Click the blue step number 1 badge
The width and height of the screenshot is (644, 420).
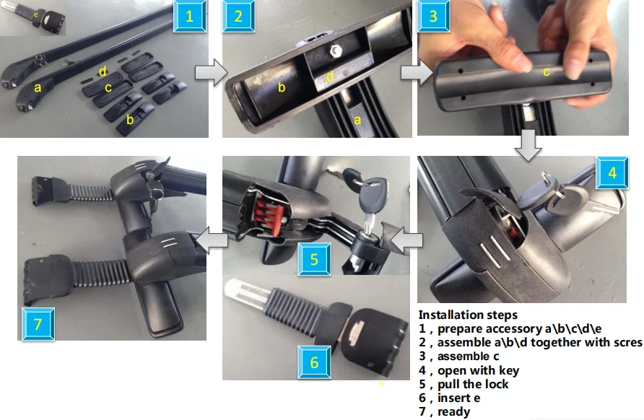pyautogui.click(x=189, y=16)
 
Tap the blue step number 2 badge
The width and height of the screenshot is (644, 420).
pyautogui.click(x=239, y=16)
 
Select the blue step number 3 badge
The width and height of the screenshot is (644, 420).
pyautogui.click(x=433, y=16)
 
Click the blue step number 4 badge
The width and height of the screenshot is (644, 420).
pyautogui.click(x=612, y=172)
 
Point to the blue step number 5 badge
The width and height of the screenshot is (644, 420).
pyautogui.click(x=314, y=259)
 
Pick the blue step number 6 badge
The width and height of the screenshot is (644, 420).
pyautogui.click(x=314, y=362)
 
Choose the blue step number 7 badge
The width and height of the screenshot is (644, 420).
pyautogui.click(x=38, y=324)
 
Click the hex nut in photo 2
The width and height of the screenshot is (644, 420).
pyautogui.click(x=336, y=51)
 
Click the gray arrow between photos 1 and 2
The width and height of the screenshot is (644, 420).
pyautogui.click(x=211, y=72)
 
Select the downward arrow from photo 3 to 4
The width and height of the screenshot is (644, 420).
pyautogui.click(x=528, y=145)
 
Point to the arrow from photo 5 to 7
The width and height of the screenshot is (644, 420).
pyautogui.click(x=212, y=240)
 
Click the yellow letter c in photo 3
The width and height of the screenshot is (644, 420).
pyautogui.click(x=547, y=72)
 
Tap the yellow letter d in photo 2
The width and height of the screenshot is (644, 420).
pyautogui.click(x=329, y=76)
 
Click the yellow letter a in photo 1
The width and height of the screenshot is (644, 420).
pyautogui.click(x=38, y=87)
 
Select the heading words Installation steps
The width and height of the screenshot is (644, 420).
pyautogui.click(x=468, y=315)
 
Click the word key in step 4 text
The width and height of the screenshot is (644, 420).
pyautogui.click(x=509, y=371)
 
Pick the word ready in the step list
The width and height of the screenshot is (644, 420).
pyautogui.click(x=453, y=412)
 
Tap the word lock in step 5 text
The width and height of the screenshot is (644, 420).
pyautogui.click(x=497, y=385)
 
